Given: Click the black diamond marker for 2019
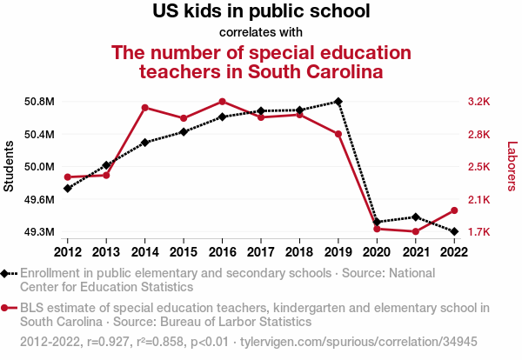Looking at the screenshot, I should pyautogui.click(x=338, y=102).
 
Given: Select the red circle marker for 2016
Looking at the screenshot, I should pyautogui.click(x=223, y=102).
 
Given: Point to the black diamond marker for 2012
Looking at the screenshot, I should pyautogui.click(x=68, y=188).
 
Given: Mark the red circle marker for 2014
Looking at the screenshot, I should pyautogui.click(x=145, y=108).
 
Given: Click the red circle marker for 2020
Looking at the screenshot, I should pyautogui.click(x=377, y=229).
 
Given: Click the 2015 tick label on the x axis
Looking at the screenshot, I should pyautogui.click(x=184, y=252).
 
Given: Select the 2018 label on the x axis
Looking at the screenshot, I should pyautogui.click(x=299, y=252).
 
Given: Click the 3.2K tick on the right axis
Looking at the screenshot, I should pyautogui.click(x=479, y=102).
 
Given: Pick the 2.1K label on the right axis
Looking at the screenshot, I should pyautogui.click(x=479, y=200).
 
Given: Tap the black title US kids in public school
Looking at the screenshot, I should pyautogui.click(x=261, y=12).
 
